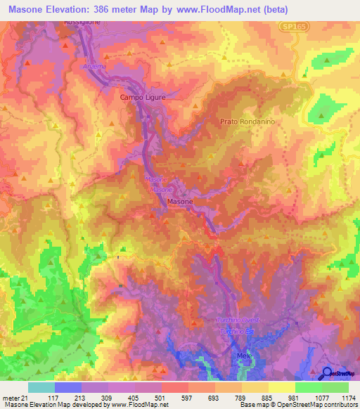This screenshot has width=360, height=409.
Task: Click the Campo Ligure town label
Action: (143, 97)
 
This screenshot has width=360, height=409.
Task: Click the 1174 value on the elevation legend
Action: (349, 398)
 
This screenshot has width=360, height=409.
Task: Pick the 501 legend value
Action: (160, 398)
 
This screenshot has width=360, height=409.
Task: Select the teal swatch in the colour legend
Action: (41, 387)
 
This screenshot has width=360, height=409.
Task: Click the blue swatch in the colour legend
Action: (68, 387)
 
